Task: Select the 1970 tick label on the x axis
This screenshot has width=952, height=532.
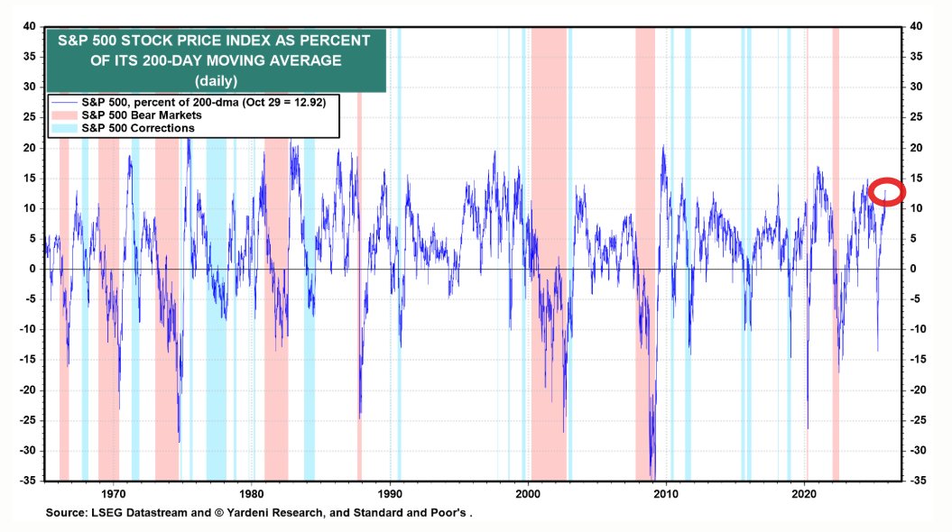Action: (114, 494)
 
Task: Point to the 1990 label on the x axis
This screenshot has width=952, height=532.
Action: (390, 494)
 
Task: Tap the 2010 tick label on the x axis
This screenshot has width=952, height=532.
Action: (666, 494)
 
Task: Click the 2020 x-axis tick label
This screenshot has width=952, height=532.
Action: (804, 494)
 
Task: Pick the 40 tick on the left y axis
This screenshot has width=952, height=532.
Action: (29, 27)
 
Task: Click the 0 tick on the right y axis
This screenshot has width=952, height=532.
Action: (914, 269)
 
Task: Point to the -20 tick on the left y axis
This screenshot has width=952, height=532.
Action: (27, 390)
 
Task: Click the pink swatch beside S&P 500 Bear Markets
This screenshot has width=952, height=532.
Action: (65, 116)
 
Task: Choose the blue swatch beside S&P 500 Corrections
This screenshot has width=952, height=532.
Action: (65, 129)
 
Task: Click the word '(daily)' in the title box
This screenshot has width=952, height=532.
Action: (215, 80)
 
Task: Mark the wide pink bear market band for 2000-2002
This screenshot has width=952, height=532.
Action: (549, 271)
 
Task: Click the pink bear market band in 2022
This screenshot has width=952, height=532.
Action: (836, 271)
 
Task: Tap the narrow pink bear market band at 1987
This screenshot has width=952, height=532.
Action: (359, 271)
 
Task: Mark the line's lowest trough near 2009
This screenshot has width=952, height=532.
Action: (652, 476)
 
